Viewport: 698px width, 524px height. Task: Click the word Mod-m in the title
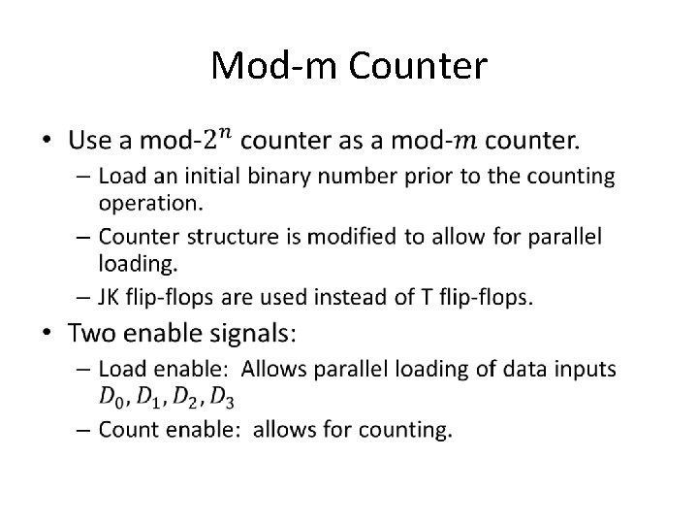point(273,66)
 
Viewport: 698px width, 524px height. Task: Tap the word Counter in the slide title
point(418,66)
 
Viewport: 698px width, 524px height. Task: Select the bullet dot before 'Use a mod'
point(47,140)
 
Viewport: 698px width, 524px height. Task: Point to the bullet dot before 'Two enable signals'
point(47,333)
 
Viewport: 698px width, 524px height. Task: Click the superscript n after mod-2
point(226,133)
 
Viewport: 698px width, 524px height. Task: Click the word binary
point(278,177)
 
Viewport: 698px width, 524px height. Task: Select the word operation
point(150,204)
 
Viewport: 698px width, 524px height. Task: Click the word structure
point(233,236)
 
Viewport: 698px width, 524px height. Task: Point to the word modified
point(351,236)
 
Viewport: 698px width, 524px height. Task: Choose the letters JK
point(109,297)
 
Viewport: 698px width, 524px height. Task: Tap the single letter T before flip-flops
point(427,297)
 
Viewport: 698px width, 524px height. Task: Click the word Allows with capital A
point(273,369)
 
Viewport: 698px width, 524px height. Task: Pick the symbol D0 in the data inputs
point(111,397)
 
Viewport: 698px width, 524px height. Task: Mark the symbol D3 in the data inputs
point(222,397)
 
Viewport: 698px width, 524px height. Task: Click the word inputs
point(585,370)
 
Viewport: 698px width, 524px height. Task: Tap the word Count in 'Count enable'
point(128,430)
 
